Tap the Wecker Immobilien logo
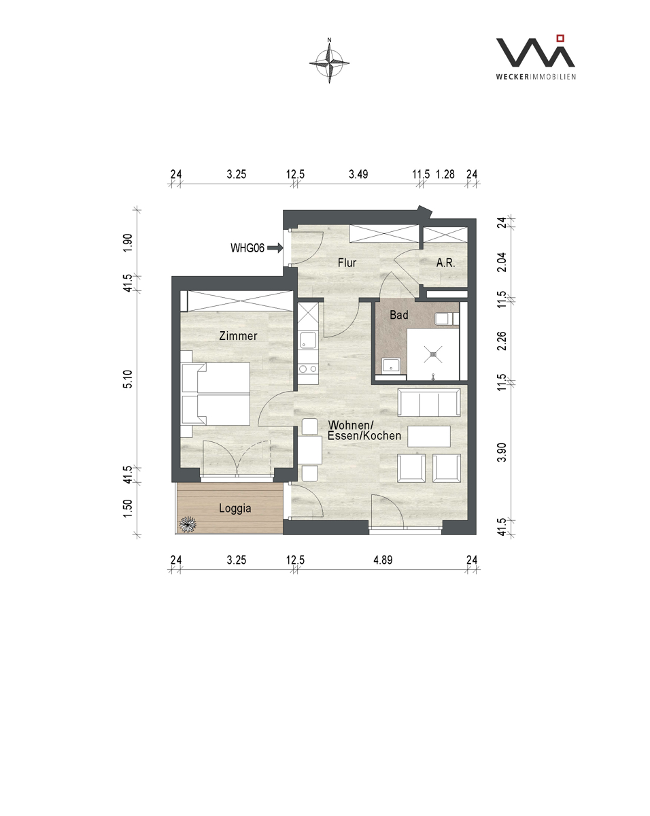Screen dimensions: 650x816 [536, 57]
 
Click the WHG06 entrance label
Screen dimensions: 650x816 [247, 248]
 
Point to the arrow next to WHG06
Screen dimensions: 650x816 [275, 248]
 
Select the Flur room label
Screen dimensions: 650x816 [347, 262]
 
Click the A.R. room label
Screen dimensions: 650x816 [445, 262]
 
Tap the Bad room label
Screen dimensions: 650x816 [399, 315]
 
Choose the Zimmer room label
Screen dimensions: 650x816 [238, 336]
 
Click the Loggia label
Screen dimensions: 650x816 [235, 508]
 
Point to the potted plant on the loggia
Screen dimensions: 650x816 [188, 524]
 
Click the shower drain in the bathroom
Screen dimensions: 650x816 [434, 354]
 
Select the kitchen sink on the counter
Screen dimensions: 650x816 [307, 340]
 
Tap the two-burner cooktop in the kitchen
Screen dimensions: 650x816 [308, 369]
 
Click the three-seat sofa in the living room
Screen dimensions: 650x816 [429, 402]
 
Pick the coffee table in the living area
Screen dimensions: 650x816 [429, 436]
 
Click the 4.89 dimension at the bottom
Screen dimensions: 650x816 [383, 560]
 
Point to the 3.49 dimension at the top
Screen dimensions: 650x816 [358, 175]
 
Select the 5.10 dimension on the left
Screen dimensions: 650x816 [128, 379]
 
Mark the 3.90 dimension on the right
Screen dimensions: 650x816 [501, 452]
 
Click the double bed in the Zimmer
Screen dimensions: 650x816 [216, 394]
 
